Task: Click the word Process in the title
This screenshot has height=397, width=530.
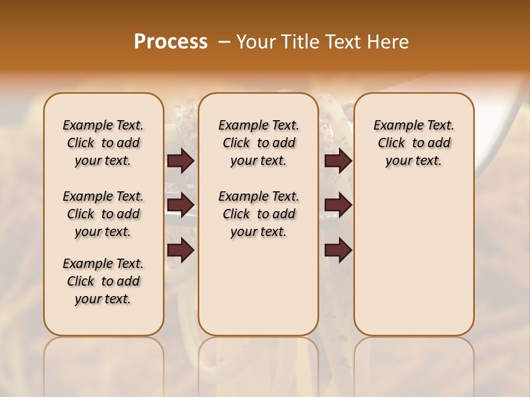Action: coord(171,42)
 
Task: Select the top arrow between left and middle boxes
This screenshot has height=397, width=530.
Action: coord(181,160)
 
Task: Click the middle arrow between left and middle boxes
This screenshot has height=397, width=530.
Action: coord(181,205)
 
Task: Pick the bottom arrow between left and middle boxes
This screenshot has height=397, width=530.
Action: coord(181,250)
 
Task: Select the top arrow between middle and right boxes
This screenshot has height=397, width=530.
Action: coord(338,160)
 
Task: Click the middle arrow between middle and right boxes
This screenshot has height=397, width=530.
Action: coord(338,205)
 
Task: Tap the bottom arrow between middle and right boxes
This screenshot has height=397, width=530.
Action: coord(338,250)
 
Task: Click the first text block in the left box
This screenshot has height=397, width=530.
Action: coord(103,143)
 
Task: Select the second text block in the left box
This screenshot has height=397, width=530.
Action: coord(103,214)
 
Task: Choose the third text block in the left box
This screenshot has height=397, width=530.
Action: coord(103,281)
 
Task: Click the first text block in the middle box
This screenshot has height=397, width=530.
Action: coord(258,143)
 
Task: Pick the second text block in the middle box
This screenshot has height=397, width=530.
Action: coord(258,214)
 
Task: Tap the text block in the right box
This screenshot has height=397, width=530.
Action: coord(414,143)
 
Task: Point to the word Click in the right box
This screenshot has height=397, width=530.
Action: coord(391,143)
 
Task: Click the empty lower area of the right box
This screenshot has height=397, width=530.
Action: coord(414,259)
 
